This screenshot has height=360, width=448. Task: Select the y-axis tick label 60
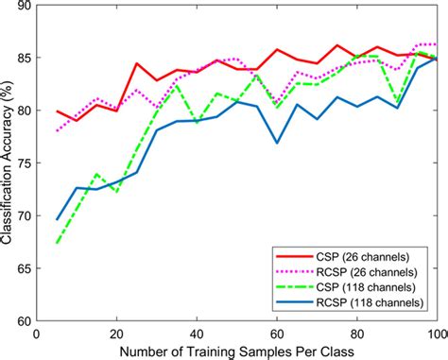[20, 320]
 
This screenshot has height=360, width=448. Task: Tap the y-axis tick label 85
[20, 58]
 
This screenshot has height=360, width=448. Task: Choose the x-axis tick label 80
[356, 332]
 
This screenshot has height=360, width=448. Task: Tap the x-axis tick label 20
[116, 332]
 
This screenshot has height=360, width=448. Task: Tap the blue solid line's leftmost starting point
[57, 219]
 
